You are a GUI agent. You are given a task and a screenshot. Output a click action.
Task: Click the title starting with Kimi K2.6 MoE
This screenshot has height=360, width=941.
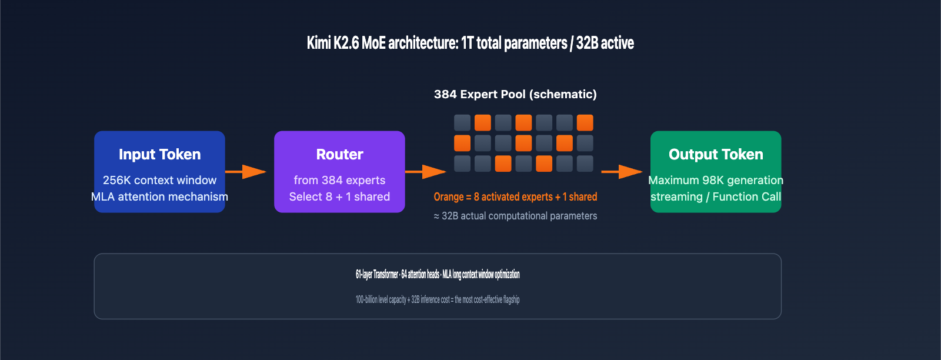pos(470,43)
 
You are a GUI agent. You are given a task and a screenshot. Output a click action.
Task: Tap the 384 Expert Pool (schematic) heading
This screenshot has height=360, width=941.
pos(515,94)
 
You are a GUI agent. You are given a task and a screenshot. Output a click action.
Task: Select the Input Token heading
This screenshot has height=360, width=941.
pos(159,154)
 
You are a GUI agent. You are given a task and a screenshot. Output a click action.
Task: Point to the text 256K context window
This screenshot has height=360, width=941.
pos(159,180)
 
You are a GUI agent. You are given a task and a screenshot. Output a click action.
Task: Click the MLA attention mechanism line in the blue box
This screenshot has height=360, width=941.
pos(159,196)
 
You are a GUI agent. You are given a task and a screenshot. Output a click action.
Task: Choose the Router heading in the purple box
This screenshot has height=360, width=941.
pos(339,154)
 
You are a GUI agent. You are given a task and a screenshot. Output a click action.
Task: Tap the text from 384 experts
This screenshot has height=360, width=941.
pos(339,180)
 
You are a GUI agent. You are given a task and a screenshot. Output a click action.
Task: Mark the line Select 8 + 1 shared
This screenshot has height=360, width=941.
pos(339,196)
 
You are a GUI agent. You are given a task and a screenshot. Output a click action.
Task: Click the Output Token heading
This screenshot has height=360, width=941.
pos(716,154)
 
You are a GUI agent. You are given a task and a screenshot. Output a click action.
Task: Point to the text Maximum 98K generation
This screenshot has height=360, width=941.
pos(716,180)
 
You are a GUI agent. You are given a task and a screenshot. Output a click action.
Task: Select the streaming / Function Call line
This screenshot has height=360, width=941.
pos(716,196)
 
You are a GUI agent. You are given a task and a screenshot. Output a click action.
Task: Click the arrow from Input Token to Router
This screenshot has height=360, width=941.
pos(246,172)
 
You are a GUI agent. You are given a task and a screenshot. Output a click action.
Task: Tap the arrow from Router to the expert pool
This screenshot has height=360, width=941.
pos(426,172)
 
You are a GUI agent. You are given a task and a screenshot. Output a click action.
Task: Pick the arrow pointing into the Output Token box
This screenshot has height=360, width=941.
pos(622,172)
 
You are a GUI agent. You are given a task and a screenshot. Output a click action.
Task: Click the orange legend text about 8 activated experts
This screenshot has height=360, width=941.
pos(515,196)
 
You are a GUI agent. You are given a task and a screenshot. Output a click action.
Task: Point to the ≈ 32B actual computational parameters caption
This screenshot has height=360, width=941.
pos(515,216)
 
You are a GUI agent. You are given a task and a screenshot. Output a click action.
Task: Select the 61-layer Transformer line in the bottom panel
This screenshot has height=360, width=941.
pos(438,274)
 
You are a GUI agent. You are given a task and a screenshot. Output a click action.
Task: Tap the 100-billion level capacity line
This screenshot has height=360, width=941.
pos(438,299)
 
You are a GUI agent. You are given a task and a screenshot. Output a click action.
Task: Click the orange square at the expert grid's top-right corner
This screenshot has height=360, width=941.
pos(585,123)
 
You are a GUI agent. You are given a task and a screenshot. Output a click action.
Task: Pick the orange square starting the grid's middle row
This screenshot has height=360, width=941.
pos(462,143)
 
